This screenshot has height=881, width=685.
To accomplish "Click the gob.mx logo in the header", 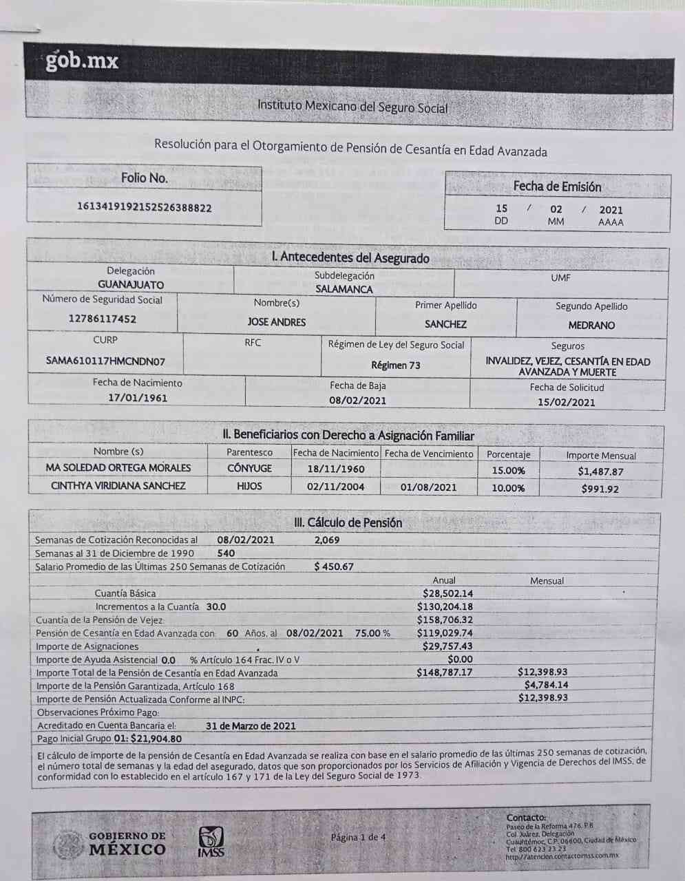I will [82, 61].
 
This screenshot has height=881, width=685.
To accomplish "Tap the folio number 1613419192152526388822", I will [144, 208].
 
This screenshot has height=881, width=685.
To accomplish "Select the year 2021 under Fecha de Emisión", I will [611, 210].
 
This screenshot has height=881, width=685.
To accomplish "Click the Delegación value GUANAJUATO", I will [131, 285].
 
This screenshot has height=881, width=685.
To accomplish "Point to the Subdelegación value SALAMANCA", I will [344, 289].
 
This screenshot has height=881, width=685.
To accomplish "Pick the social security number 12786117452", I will [102, 319].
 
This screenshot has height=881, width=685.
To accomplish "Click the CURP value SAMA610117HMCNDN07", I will [105, 361].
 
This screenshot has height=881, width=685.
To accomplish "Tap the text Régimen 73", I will [395, 365].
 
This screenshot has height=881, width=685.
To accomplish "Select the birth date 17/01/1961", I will [138, 398].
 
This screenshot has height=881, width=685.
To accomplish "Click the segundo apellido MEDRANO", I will [591, 325].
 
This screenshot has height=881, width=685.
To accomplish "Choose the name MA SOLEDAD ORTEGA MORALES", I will [118, 467].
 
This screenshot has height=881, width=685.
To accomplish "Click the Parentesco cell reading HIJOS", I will [249, 486].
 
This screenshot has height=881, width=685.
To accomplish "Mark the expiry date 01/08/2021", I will [428, 487].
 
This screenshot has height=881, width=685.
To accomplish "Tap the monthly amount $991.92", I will [600, 489].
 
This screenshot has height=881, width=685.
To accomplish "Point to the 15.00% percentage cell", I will [508, 471].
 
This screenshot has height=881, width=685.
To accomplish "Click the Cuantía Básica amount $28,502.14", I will [447, 593].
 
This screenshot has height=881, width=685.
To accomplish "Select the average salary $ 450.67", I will [333, 566].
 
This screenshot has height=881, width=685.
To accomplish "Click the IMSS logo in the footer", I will [211, 841].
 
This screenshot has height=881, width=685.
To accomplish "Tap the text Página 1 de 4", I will [358, 837].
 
